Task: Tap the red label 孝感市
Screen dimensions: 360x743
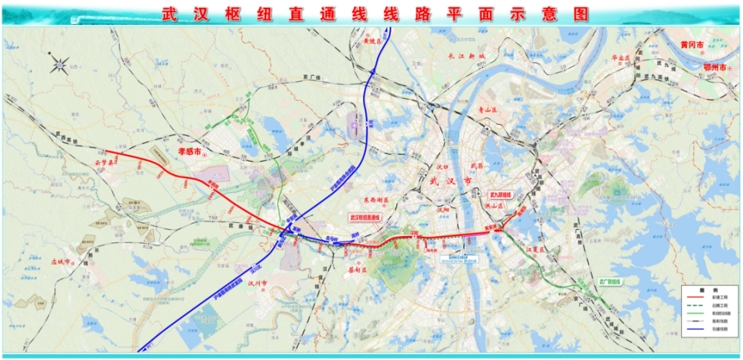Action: (x=189, y=154)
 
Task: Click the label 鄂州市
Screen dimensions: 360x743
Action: (x=714, y=67)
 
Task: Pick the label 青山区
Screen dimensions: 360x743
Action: (x=490, y=111)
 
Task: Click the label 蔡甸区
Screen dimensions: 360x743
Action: (x=359, y=270)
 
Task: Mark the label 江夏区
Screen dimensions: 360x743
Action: (x=536, y=249)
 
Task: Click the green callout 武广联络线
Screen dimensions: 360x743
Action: (x=615, y=282)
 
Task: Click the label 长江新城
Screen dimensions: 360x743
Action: (x=465, y=57)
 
